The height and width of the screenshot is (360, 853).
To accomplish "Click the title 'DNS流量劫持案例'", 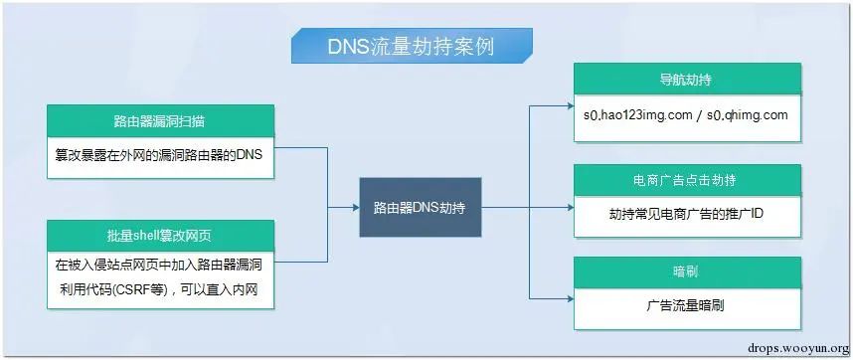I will pyautogui.click(x=411, y=46).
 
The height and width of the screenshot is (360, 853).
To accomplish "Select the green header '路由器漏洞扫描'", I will pyautogui.click(x=160, y=121).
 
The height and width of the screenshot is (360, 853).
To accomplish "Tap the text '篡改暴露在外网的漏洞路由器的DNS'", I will pyautogui.click(x=159, y=155).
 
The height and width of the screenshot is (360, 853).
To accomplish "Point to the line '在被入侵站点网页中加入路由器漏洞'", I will pyautogui.click(x=159, y=266).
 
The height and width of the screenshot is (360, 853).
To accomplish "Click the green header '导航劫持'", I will pyautogui.click(x=687, y=80).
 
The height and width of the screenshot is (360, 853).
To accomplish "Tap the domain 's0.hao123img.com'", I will pyautogui.click(x=638, y=115).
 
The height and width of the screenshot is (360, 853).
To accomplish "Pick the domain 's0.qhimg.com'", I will pyautogui.click(x=747, y=115).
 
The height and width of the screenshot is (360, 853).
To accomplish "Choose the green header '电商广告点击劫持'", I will pyautogui.click(x=687, y=181).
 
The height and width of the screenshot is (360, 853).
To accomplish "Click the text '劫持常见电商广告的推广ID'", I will pyautogui.click(x=687, y=214).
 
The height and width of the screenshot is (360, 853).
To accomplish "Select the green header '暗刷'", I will pyautogui.click(x=687, y=271).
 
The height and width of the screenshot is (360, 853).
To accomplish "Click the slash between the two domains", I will pyautogui.click(x=700, y=115).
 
